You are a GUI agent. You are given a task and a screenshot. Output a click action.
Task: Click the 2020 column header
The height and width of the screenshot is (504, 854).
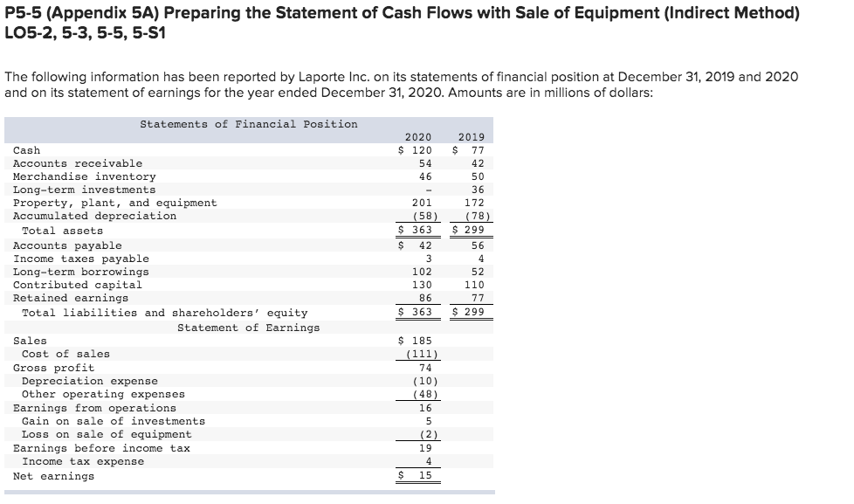tap(419, 137)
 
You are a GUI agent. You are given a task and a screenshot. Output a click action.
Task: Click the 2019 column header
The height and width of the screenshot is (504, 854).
tap(472, 137)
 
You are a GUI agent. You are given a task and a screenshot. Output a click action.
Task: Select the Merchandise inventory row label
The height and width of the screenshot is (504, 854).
tap(85, 176)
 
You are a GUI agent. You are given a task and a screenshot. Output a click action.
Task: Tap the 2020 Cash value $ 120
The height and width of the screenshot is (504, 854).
tap(416, 150)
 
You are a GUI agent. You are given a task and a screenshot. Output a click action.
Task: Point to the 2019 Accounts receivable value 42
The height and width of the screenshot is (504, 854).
tap(477, 163)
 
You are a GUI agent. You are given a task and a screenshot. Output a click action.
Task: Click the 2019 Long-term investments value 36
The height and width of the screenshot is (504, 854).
tap(477, 190)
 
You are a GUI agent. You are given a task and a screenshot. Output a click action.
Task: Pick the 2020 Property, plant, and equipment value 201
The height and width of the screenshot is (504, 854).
tap(423, 203)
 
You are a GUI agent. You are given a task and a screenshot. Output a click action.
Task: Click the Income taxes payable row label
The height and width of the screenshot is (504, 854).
tap(81, 259)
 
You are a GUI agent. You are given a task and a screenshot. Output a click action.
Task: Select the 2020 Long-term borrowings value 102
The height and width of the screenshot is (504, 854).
tap(423, 272)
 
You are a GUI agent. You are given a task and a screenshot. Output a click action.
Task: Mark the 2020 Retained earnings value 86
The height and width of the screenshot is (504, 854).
tap(426, 298)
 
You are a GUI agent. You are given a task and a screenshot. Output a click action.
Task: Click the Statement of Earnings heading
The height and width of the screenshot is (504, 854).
tap(248, 328)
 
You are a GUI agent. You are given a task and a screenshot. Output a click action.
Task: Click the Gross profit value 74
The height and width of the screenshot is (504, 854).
tap(426, 368)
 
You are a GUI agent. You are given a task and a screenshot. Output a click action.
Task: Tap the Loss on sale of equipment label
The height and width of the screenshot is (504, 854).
tap(107, 434)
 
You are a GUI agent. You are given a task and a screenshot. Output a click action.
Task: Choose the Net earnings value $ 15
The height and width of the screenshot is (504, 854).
tap(417, 476)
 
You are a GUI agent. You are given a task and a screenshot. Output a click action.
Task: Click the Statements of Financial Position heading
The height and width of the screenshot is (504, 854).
tap(249, 124)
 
